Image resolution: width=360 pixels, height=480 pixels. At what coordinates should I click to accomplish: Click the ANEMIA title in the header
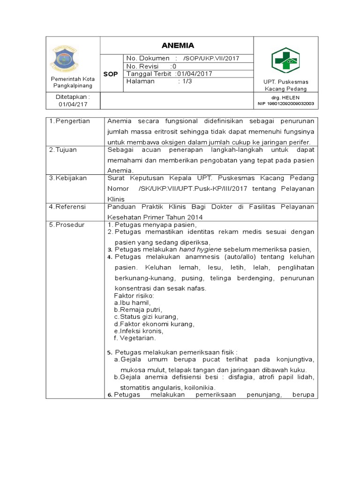177,45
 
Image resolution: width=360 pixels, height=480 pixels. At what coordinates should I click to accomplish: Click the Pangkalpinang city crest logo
72,60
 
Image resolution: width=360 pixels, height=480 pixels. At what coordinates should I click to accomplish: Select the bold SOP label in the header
111,74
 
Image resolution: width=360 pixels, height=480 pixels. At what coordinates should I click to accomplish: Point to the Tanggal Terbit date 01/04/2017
195,74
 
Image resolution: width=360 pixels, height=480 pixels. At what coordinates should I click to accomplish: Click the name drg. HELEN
285,97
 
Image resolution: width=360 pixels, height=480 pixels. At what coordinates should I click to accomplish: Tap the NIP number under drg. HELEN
285,104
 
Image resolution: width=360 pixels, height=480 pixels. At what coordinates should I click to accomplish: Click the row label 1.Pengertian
70,121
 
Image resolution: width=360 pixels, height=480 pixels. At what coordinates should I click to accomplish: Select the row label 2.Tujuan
65,150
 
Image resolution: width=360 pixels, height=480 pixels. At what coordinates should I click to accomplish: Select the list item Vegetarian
138,337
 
